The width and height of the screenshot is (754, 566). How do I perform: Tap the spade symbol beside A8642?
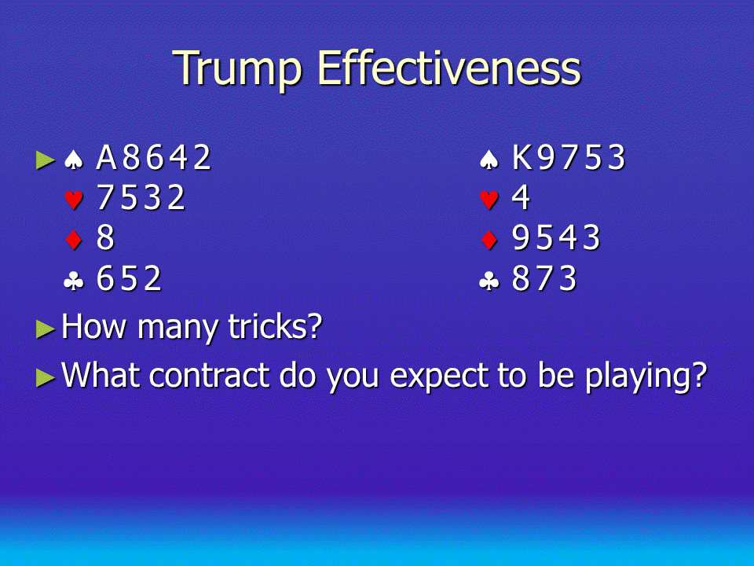(74, 160)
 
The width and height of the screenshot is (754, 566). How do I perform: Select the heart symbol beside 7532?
(74, 199)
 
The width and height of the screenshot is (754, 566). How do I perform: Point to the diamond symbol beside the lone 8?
(74, 240)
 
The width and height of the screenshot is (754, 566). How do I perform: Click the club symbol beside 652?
(74, 280)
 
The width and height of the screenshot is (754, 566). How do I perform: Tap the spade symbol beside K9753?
(489, 160)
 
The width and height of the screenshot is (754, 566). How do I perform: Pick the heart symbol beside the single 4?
(489, 199)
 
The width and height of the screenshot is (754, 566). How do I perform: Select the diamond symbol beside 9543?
(489, 240)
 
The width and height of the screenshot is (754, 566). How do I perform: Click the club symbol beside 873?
(489, 280)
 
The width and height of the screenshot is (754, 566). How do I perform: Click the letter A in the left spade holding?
(106, 157)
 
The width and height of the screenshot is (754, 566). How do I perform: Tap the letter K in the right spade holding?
(522, 157)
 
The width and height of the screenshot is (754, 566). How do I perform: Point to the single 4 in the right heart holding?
(521, 197)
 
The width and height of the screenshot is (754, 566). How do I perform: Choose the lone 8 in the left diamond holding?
(105, 237)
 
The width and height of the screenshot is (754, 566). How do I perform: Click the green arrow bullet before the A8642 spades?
(46, 160)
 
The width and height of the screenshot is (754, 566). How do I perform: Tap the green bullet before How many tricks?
(46, 329)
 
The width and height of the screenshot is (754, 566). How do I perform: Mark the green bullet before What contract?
(46, 378)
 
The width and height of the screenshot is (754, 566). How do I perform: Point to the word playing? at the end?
(646, 377)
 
